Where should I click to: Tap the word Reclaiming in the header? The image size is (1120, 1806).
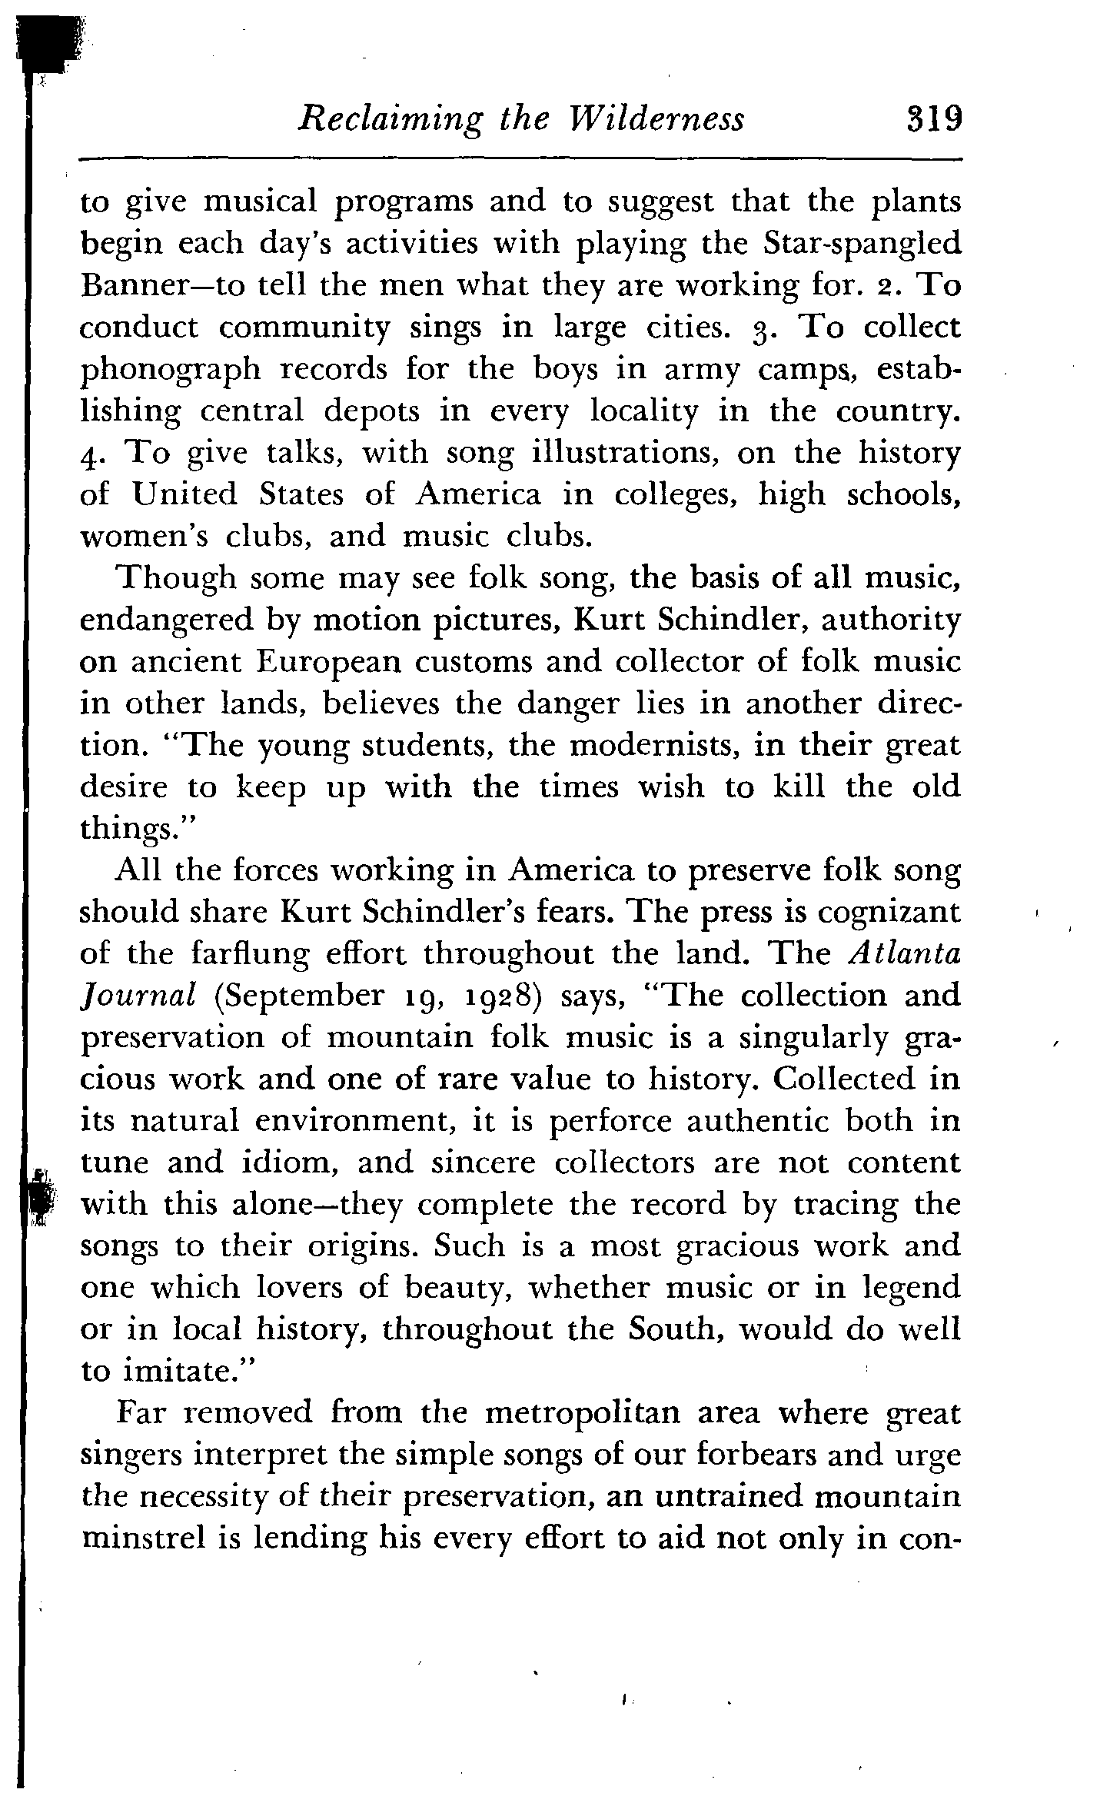pyautogui.click(x=390, y=120)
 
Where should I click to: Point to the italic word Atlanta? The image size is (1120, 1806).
pyautogui.click(x=906, y=953)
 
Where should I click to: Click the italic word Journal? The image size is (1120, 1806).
pyautogui.click(x=135, y=996)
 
